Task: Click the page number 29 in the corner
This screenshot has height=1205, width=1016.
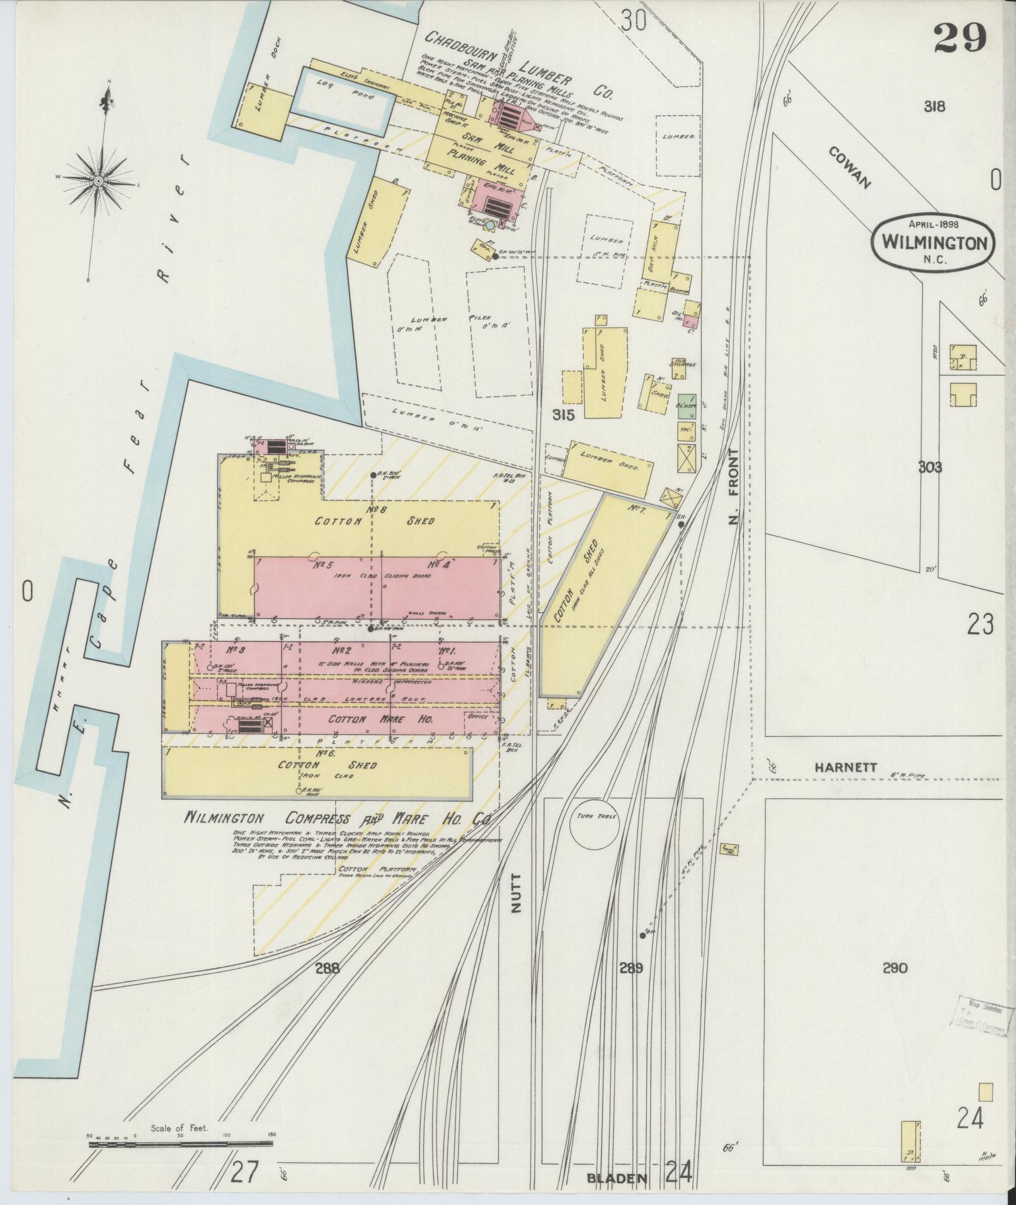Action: pos(960,40)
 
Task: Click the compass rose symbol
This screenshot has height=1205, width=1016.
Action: pos(99,181)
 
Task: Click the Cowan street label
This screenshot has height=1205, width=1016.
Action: pos(848,168)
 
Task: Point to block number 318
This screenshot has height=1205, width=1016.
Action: pos(934,106)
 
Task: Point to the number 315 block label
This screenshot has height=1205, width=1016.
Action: pos(563,414)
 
